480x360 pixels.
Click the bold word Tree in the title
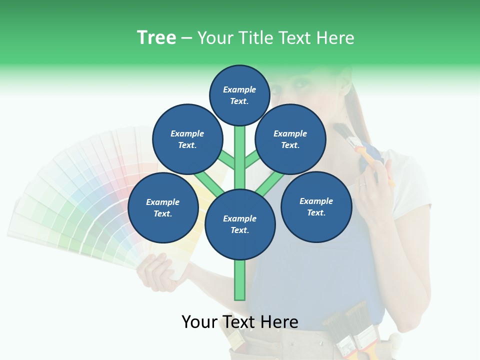coord(156,38)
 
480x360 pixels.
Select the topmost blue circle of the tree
coord(239,95)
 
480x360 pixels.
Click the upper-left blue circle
coord(187,139)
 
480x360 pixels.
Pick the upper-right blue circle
coord(290,139)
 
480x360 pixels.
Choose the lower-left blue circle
coord(163,208)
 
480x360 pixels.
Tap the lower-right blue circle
coord(316,207)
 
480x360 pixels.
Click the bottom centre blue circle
coord(240,224)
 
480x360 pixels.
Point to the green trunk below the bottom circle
coord(240,280)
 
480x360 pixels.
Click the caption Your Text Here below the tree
coord(240,322)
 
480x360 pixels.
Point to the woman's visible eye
coord(300,83)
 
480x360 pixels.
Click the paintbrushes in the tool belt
coord(350,327)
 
